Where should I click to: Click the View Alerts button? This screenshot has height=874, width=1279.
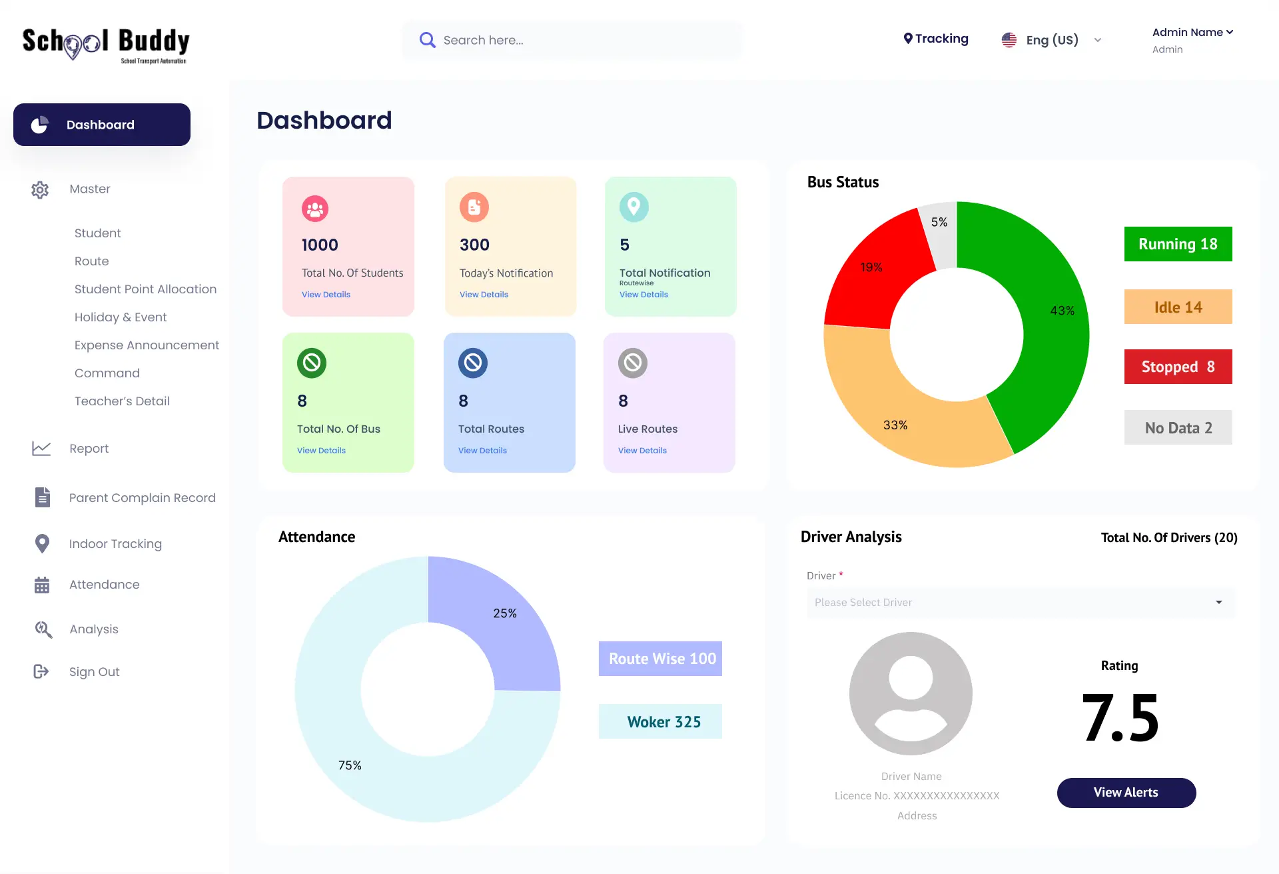1126,793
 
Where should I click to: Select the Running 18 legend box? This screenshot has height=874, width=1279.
1178,244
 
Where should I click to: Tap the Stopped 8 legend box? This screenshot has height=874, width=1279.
1178,367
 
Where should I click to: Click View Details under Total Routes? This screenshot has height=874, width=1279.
482,451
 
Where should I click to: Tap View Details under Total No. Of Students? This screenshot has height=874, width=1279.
326,295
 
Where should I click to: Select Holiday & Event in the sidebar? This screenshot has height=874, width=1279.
121,317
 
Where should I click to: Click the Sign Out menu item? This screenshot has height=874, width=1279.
94,672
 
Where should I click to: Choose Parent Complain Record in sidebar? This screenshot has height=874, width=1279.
142,498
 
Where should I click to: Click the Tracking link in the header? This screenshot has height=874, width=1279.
936,39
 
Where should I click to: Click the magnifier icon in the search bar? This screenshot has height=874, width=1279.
427,40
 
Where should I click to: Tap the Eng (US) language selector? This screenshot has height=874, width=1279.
1051,40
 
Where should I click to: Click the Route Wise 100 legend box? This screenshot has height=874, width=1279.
660,659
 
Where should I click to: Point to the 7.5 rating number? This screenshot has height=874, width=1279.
1120,718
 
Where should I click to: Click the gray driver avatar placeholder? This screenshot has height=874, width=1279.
911,693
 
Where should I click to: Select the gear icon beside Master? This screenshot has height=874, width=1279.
40,189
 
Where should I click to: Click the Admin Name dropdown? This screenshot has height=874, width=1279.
1192,33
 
